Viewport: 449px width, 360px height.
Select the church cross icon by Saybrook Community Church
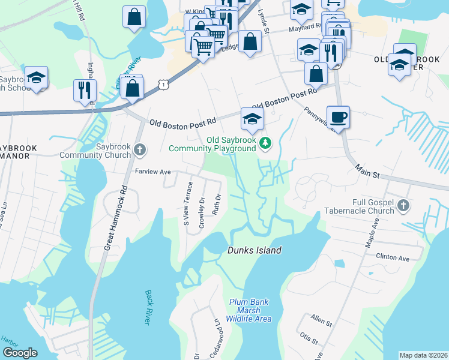coord(140,149)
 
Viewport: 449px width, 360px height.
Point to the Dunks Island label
coord(254,250)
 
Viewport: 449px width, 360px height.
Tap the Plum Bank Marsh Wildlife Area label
coord(249,310)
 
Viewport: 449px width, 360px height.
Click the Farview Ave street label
coord(153,172)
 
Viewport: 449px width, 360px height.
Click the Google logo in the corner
coord(20,353)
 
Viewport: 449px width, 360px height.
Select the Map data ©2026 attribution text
coord(423,355)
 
